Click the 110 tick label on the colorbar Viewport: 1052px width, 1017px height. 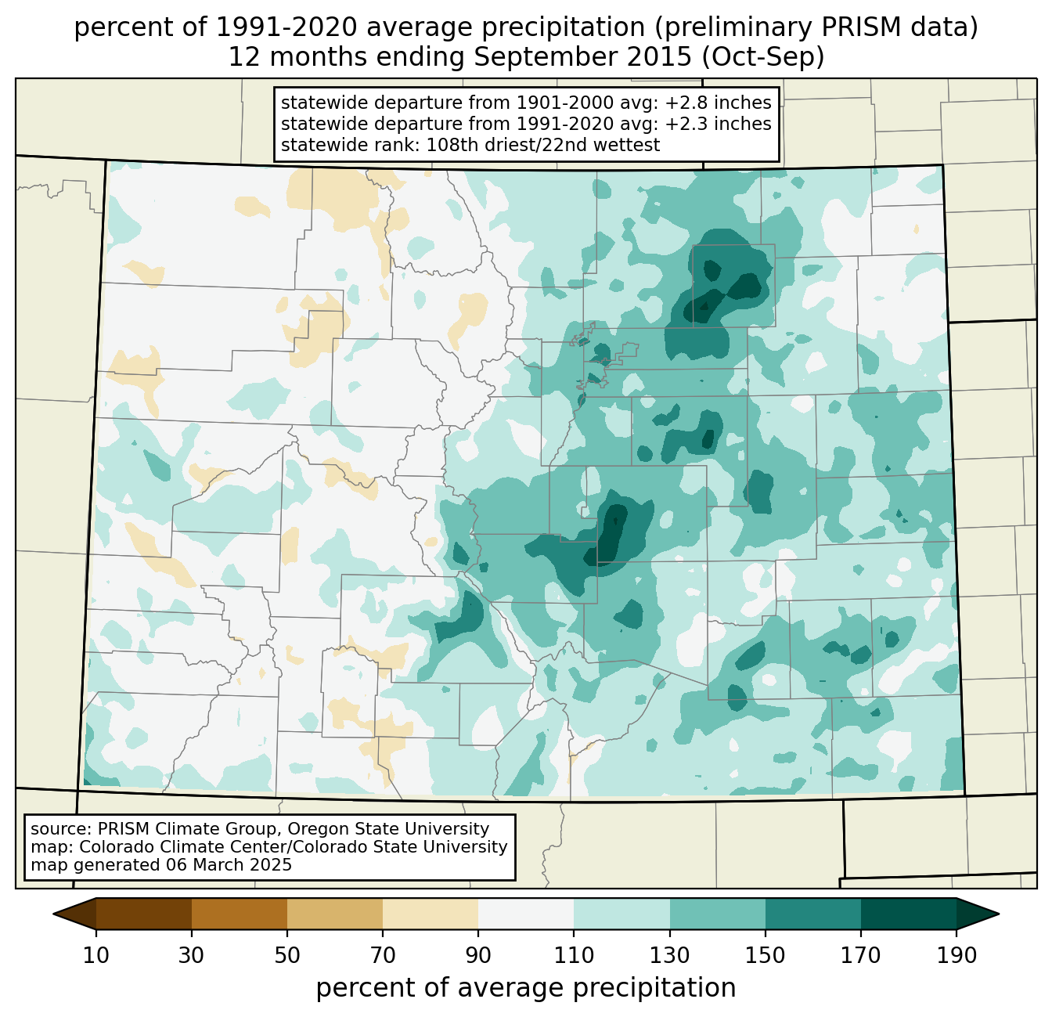574,956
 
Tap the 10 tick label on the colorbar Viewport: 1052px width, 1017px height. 96,956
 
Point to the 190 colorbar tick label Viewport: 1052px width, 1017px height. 956,956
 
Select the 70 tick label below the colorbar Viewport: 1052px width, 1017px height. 383,956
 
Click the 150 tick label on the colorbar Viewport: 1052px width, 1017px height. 765,956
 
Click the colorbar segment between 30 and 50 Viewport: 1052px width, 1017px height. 240,914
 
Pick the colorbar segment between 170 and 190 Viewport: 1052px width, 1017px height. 908,914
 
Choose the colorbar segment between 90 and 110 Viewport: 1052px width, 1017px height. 526,914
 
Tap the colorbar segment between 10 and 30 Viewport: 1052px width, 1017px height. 144,914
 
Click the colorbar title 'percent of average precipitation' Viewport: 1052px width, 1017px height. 526,988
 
